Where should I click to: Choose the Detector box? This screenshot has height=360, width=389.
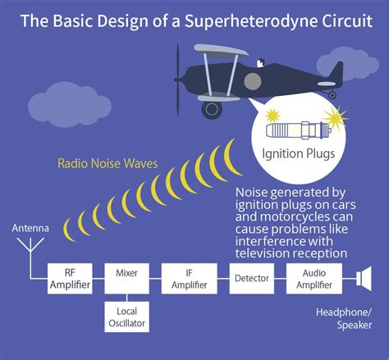(251, 279)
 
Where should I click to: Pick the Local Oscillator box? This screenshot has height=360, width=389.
(126, 318)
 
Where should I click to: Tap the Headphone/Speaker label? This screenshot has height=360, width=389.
(343, 319)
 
